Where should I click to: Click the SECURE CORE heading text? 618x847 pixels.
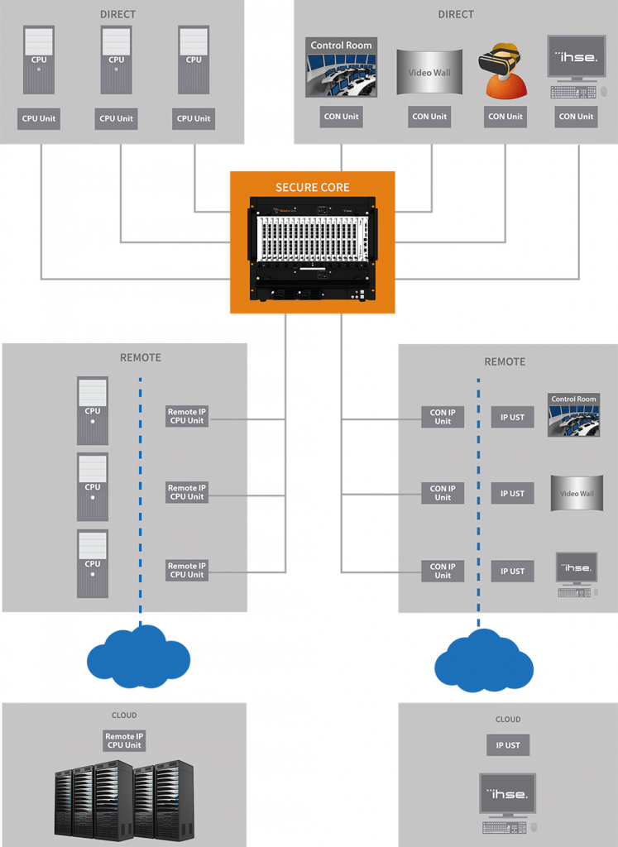(x=312, y=188)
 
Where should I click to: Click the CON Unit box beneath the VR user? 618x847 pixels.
(x=505, y=117)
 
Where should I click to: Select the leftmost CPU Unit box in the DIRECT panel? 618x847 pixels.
(x=39, y=118)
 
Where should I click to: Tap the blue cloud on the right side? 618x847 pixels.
(x=484, y=660)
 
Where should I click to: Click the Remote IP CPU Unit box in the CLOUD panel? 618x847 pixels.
(x=124, y=740)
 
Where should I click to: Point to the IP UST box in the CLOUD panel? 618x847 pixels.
(x=507, y=745)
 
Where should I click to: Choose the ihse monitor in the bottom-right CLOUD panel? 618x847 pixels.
(x=507, y=794)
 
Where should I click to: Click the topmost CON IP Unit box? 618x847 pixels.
(x=443, y=417)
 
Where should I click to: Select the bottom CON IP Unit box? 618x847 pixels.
(x=443, y=571)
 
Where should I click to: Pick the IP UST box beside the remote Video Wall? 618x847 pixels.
(x=512, y=494)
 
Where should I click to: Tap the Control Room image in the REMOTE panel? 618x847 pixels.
(x=573, y=415)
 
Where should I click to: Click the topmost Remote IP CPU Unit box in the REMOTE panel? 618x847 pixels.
(x=186, y=416)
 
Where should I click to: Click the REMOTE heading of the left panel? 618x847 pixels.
(x=141, y=358)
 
